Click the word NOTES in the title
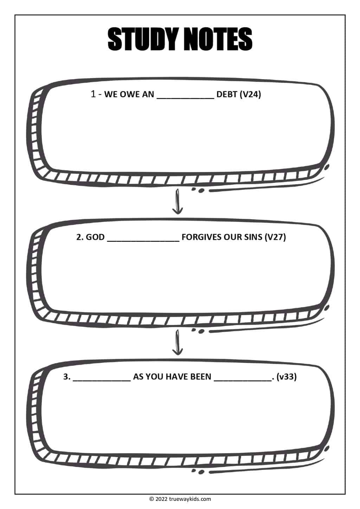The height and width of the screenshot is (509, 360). click(218, 39)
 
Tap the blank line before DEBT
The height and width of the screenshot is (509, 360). click(185, 98)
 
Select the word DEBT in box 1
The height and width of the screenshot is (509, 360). click(226, 94)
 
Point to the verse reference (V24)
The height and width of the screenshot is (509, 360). click(250, 94)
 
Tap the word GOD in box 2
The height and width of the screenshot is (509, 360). click(95, 237)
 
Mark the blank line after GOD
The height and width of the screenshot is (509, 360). click(143, 241)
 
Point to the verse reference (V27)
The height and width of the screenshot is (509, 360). click(275, 237)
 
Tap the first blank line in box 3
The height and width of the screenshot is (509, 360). click(102, 381)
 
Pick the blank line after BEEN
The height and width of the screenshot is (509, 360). click(243, 381)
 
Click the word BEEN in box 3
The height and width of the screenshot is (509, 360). click(200, 376)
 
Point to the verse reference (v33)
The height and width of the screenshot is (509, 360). click(287, 376)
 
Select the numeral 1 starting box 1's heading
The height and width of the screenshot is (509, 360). click(93, 94)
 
